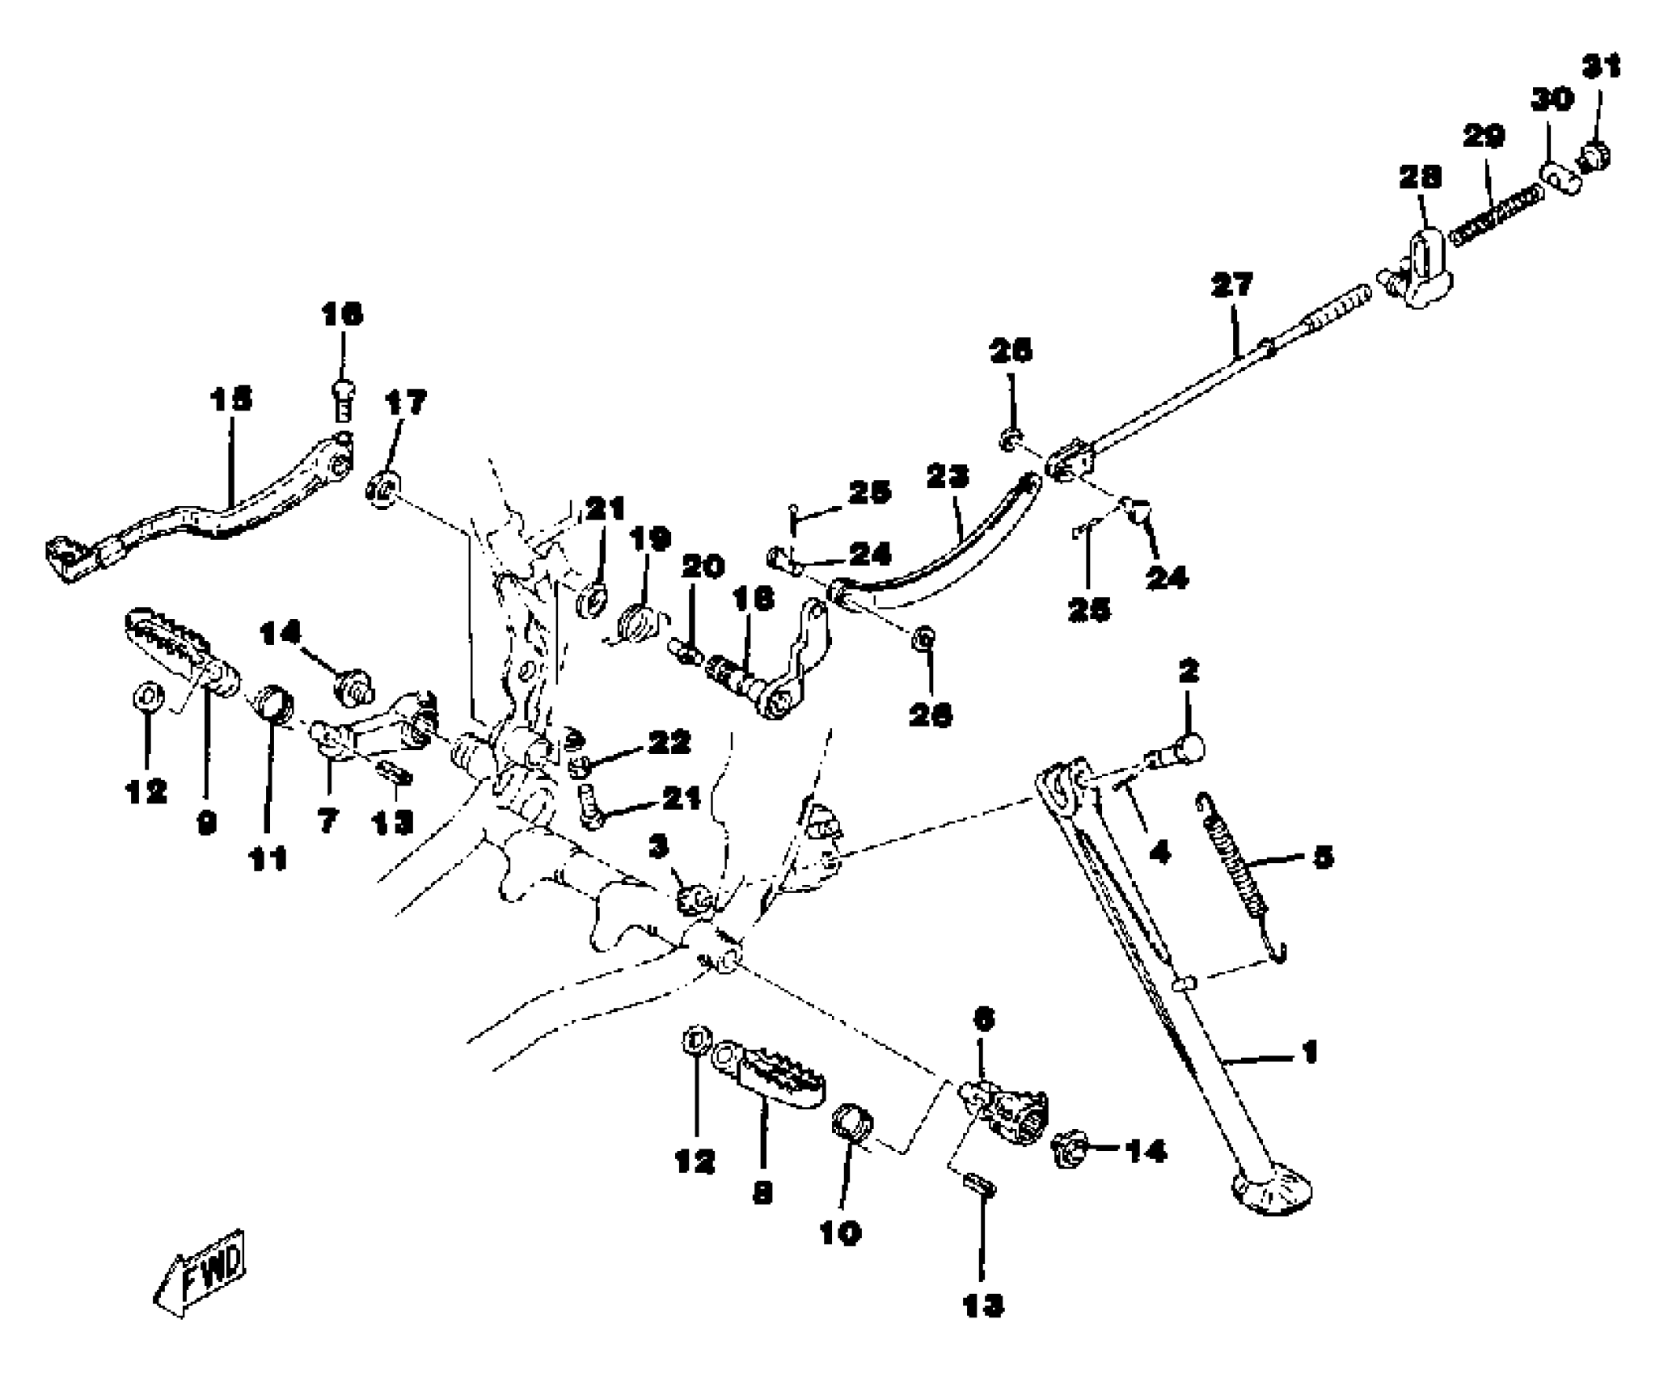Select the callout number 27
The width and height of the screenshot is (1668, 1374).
(x=1232, y=284)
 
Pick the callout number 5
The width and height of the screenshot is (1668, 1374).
(x=1323, y=858)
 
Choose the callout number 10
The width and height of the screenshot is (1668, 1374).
(x=840, y=1234)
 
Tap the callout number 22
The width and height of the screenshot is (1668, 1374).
(x=670, y=743)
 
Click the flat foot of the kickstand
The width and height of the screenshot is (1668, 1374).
(x=1270, y=1195)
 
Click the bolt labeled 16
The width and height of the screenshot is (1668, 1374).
(x=343, y=400)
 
